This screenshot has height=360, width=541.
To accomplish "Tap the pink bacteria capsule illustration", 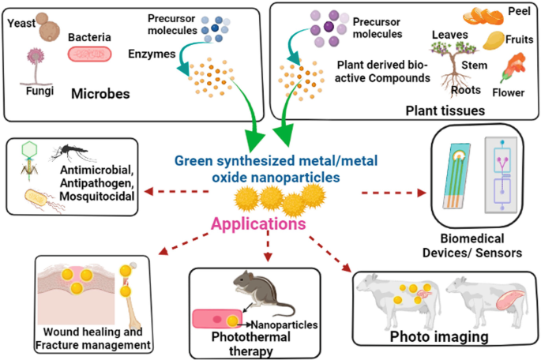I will click(94, 54).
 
